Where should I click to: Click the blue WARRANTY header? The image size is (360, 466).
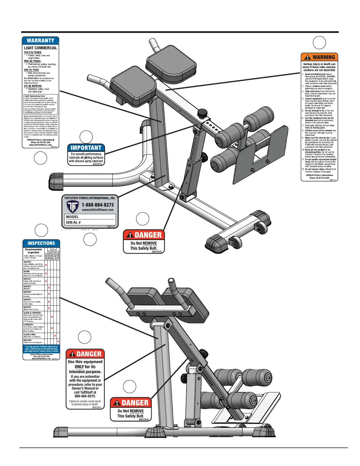(x=41, y=41)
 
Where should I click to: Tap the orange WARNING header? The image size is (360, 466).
(x=319, y=57)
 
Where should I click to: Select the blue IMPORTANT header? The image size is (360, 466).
(x=86, y=148)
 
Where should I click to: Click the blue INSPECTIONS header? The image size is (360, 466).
(x=41, y=243)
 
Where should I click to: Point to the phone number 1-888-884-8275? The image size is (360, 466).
(x=98, y=205)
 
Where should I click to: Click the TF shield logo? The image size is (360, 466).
(x=72, y=207)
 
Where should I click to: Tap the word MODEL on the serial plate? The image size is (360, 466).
(x=72, y=217)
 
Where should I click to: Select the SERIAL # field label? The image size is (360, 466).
(x=73, y=222)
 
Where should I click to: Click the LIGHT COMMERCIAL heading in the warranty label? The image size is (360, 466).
(x=41, y=48)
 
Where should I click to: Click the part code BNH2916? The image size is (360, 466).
(x=97, y=164)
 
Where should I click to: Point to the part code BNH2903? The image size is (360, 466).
(x=97, y=407)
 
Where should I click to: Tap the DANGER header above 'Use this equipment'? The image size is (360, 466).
(x=85, y=354)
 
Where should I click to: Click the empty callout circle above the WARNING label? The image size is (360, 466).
(x=319, y=43)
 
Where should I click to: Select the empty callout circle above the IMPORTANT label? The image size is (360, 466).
(x=86, y=137)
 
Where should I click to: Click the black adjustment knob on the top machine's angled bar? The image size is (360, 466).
(x=202, y=113)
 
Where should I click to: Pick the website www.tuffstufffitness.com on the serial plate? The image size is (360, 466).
(x=98, y=210)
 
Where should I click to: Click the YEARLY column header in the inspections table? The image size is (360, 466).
(x=58, y=255)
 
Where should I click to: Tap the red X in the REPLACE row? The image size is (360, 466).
(x=58, y=341)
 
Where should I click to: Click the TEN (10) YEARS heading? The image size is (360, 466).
(x=33, y=52)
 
